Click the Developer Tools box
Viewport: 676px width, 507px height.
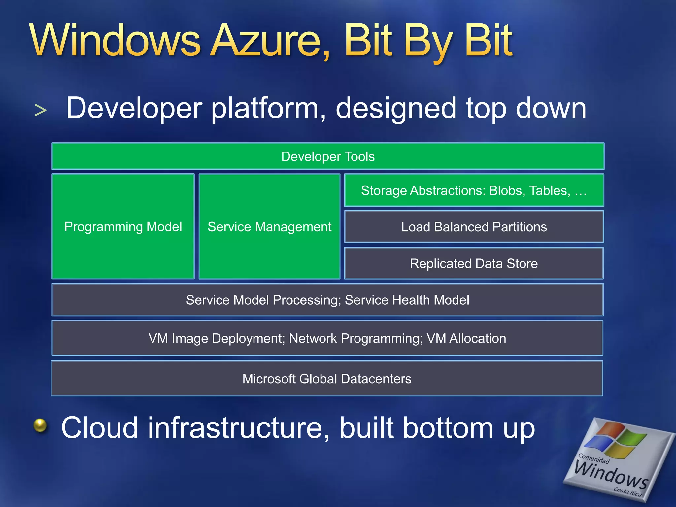(328, 156)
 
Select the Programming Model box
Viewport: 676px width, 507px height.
(123, 227)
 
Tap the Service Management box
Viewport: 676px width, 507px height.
(269, 227)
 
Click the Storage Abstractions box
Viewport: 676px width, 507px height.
(474, 190)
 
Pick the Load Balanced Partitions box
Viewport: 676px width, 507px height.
(474, 227)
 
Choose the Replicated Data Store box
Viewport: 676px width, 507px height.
(474, 264)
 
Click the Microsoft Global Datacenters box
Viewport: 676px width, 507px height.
(327, 379)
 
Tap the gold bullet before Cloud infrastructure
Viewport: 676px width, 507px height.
(40, 425)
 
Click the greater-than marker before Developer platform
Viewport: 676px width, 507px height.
(40, 110)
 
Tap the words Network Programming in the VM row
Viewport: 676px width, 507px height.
(356, 339)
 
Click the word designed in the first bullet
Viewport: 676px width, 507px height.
(396, 109)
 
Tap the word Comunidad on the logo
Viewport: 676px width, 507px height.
(593, 459)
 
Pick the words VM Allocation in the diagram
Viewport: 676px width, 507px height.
(466, 339)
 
